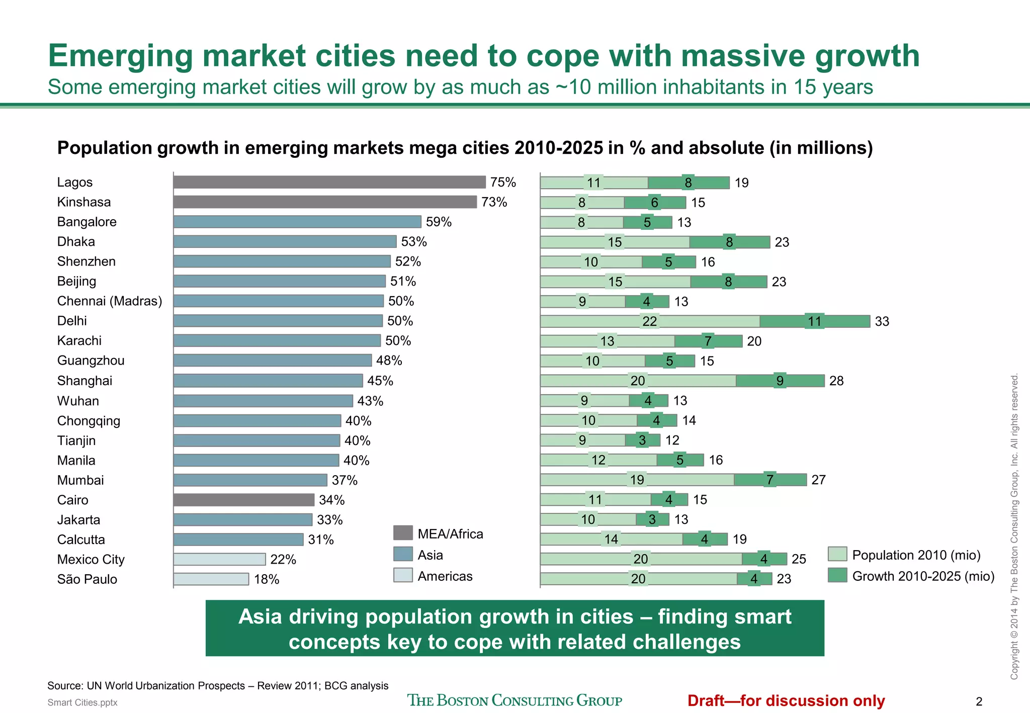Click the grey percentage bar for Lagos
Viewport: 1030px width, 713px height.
329,182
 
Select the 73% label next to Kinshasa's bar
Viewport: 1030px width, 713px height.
494,202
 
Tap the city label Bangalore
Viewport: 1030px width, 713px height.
87,222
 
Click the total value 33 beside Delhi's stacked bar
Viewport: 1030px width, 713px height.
882,321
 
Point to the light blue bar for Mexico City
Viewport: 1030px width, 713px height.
219,559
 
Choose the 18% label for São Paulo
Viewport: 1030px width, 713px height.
267,579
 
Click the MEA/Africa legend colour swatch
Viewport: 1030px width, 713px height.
403,533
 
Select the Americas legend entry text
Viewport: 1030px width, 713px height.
445,576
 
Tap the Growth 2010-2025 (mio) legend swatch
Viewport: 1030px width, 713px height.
837,575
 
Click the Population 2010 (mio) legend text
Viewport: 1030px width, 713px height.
916,555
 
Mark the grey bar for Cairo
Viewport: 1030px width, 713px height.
244,500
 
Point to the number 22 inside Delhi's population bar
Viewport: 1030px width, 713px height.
649,321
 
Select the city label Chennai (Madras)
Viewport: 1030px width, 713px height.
109,301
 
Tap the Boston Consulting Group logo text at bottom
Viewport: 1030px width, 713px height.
514,700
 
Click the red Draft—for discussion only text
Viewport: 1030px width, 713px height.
786,700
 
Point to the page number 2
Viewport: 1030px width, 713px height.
979,701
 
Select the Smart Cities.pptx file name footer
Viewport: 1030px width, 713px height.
82,702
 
